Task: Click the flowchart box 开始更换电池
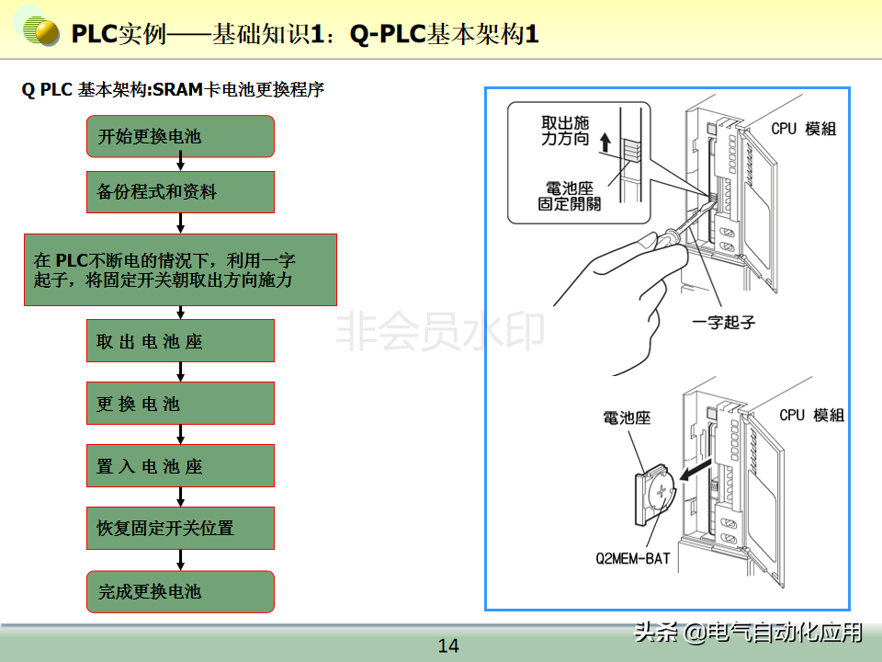(x=180, y=137)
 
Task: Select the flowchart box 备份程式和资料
(x=180, y=192)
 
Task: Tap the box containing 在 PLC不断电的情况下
(x=180, y=269)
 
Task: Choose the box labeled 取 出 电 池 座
(x=180, y=341)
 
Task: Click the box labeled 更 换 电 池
(x=180, y=404)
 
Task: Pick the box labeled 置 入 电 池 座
(x=180, y=466)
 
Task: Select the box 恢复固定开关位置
(x=180, y=528)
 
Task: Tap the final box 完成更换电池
(x=180, y=591)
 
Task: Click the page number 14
(x=448, y=645)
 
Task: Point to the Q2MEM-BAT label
(x=635, y=557)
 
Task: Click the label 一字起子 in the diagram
(x=723, y=323)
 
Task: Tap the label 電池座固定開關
(x=570, y=196)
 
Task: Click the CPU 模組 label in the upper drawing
(x=803, y=130)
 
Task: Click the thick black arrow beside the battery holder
(x=697, y=472)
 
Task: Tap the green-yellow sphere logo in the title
(x=41, y=33)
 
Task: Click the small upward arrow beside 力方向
(x=604, y=142)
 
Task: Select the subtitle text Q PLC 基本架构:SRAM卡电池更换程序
(x=174, y=90)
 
